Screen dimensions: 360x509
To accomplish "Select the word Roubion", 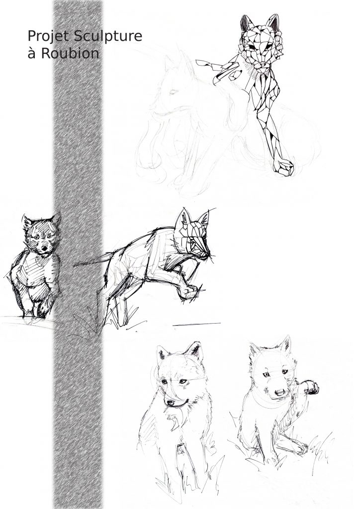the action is [x=70, y=53].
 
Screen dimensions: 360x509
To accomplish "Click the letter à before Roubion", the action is [x=31, y=54].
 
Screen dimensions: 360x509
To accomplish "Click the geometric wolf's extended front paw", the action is [x=283, y=168].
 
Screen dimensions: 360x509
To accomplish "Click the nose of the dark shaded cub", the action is [x=43, y=250].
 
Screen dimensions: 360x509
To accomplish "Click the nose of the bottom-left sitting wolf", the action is [x=171, y=403].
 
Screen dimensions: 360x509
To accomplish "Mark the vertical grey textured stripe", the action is [x=78, y=254].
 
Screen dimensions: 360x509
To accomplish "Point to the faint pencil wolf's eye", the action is [x=173, y=92].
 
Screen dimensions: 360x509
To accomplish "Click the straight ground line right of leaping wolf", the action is [x=197, y=324].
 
